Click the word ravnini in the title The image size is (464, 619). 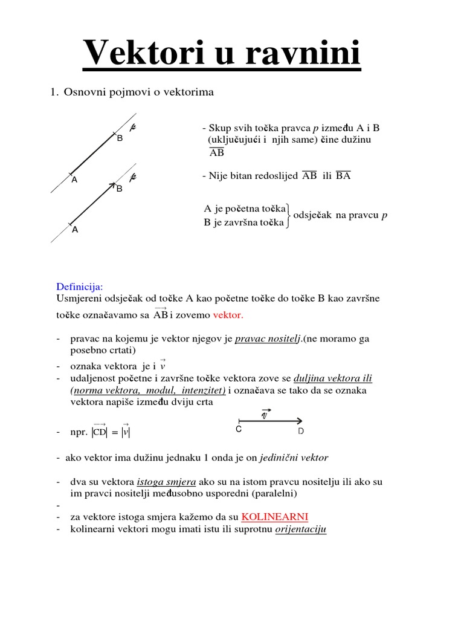(x=303, y=53)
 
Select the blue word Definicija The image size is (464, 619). (x=80, y=286)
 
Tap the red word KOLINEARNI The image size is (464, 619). (x=275, y=517)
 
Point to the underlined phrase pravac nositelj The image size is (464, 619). (x=268, y=339)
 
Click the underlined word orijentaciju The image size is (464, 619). (x=300, y=530)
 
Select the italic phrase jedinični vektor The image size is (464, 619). (x=294, y=458)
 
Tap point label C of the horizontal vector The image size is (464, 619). (x=239, y=430)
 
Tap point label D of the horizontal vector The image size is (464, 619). (x=301, y=432)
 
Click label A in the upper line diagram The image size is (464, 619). (x=74, y=180)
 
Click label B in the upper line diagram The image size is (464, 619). (x=120, y=138)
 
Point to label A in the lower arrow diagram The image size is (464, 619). (x=75, y=230)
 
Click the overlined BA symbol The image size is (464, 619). (x=343, y=176)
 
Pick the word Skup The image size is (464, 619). (x=219, y=128)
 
